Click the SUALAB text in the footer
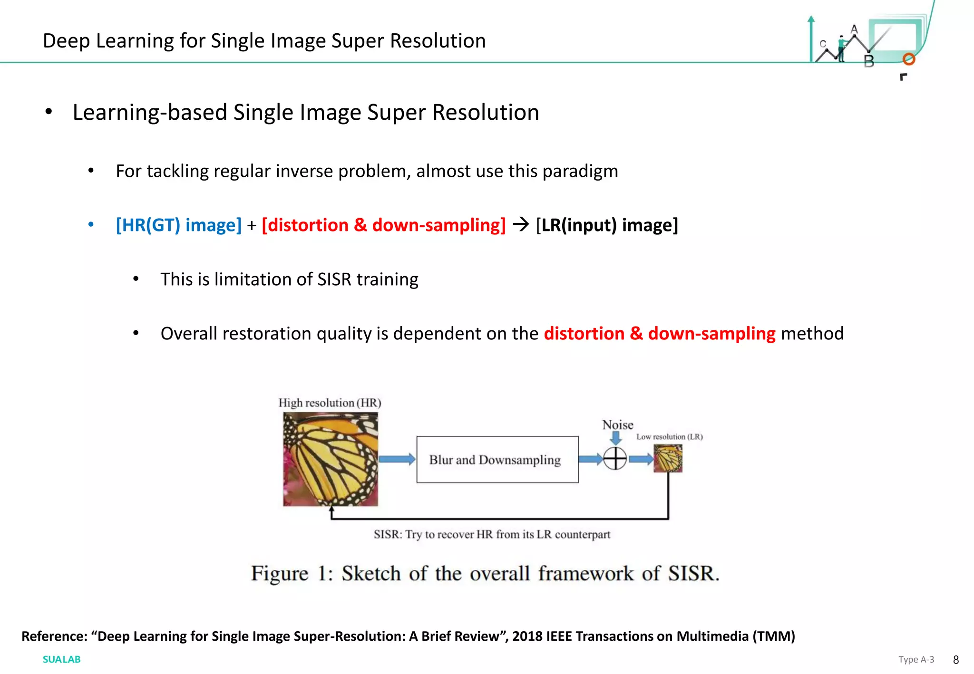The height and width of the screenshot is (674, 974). (61, 659)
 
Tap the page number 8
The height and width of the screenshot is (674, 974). (956, 660)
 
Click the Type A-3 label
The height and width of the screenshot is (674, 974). (916, 659)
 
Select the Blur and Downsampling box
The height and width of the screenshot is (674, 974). (497, 460)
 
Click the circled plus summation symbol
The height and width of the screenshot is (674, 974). (615, 459)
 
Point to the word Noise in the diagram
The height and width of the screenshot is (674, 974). (618, 424)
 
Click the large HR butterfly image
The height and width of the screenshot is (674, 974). (331, 459)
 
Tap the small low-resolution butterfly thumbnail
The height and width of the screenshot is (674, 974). (668, 458)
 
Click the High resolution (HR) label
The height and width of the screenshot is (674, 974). (330, 403)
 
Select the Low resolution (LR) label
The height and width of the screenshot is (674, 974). (670, 437)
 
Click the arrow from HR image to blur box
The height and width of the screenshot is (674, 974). (397, 459)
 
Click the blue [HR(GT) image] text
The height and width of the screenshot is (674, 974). (179, 225)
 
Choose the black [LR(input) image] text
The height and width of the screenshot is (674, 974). (607, 225)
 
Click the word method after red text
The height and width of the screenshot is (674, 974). (812, 334)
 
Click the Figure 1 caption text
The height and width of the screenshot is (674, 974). (485, 573)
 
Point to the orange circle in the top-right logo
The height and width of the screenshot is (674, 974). (909, 59)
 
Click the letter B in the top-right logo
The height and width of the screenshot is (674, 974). (869, 61)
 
